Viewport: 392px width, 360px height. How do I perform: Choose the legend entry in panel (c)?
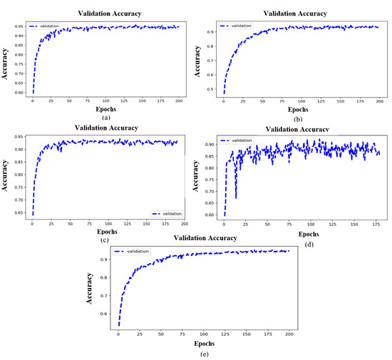165,212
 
